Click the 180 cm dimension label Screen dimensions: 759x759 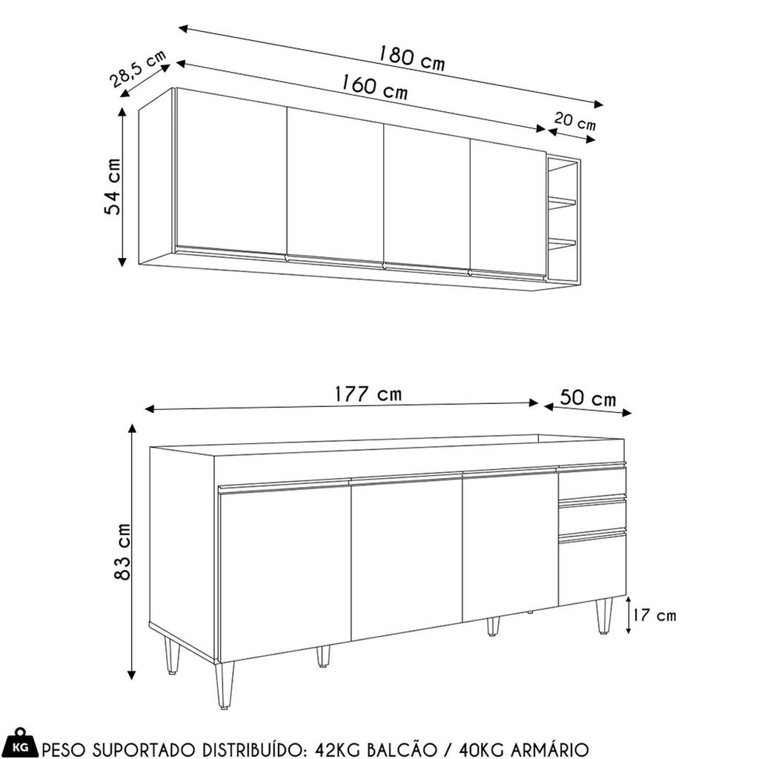(x=411, y=58)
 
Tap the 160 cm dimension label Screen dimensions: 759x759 (x=374, y=87)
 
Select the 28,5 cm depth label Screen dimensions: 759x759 (x=137, y=68)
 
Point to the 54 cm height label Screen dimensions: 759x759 (x=113, y=186)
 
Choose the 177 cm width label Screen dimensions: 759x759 (x=368, y=394)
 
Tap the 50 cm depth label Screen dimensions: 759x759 (x=588, y=398)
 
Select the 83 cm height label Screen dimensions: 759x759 (x=122, y=551)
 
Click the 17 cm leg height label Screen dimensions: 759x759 (x=654, y=615)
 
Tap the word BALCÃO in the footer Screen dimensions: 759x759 (x=401, y=749)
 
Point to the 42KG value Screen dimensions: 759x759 (x=338, y=749)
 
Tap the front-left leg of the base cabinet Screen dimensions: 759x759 (x=225, y=684)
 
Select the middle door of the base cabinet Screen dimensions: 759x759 (x=407, y=558)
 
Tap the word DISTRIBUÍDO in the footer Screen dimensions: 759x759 (x=253, y=749)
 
